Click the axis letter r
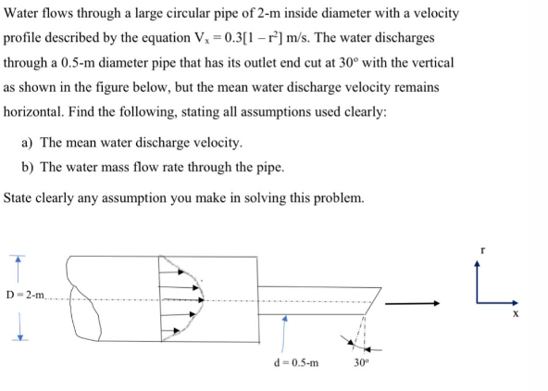(481, 249)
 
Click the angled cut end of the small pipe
(372, 301)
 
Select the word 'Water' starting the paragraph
(24, 16)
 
